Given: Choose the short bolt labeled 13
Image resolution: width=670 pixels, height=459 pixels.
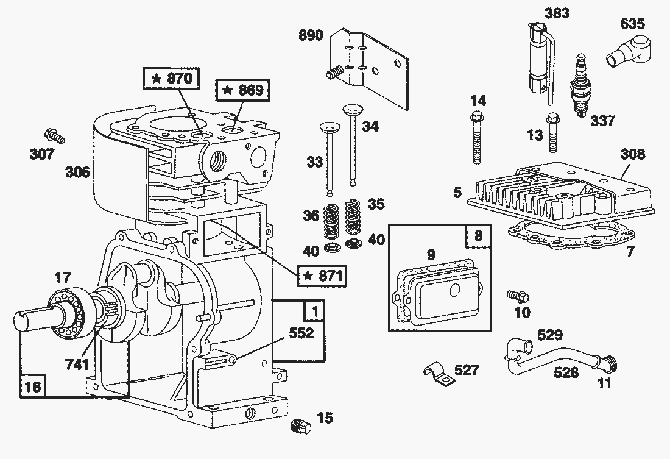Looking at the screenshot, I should [x=553, y=132].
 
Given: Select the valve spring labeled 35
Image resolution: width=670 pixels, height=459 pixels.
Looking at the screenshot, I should [x=352, y=218].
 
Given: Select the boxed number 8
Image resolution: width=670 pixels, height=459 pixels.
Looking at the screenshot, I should [x=478, y=236].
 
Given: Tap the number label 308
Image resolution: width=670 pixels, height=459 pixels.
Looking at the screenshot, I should [x=632, y=154].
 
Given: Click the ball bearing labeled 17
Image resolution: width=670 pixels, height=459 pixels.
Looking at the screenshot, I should [x=69, y=311].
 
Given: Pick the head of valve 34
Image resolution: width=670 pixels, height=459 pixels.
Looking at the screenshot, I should [x=352, y=110].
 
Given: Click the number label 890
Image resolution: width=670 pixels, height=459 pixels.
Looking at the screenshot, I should [x=311, y=35].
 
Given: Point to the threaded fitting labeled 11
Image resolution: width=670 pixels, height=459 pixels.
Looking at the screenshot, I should [x=610, y=364].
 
